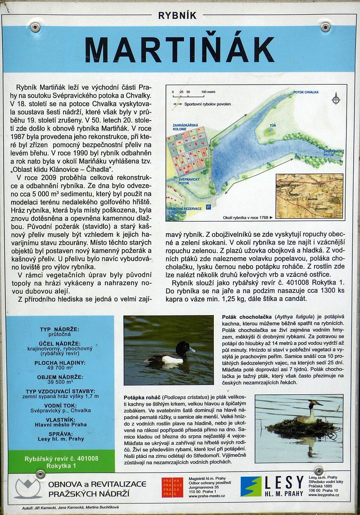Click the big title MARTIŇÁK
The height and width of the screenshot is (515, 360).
180,49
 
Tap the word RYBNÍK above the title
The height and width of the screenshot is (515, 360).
177,15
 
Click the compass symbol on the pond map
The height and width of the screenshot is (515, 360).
336,99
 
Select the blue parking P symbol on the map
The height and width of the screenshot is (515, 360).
208,207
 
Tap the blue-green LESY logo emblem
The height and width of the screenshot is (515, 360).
251,486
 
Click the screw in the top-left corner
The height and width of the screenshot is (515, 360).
35,27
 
